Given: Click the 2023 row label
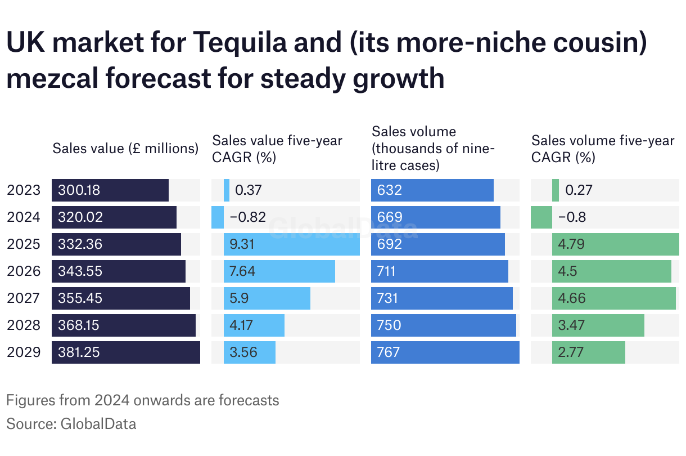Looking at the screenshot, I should (x=24, y=190).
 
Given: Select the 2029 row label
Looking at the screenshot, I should (x=24, y=352).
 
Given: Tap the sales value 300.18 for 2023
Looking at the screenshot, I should (x=79, y=190).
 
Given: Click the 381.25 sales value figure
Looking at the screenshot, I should (x=79, y=352).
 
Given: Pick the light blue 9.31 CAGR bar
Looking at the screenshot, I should (x=291, y=244).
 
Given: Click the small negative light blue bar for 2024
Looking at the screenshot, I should (x=218, y=217).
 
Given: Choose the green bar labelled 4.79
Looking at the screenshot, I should (x=615, y=244).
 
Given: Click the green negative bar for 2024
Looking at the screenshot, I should (x=541, y=217).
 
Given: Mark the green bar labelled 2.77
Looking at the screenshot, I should (x=588, y=352).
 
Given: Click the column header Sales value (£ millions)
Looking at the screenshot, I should (x=125, y=149).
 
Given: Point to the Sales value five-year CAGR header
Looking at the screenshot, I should (x=277, y=149).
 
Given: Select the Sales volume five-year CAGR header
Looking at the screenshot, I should (x=603, y=149).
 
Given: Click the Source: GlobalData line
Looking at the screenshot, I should (x=71, y=423).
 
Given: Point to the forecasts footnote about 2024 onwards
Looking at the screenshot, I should (x=143, y=400).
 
